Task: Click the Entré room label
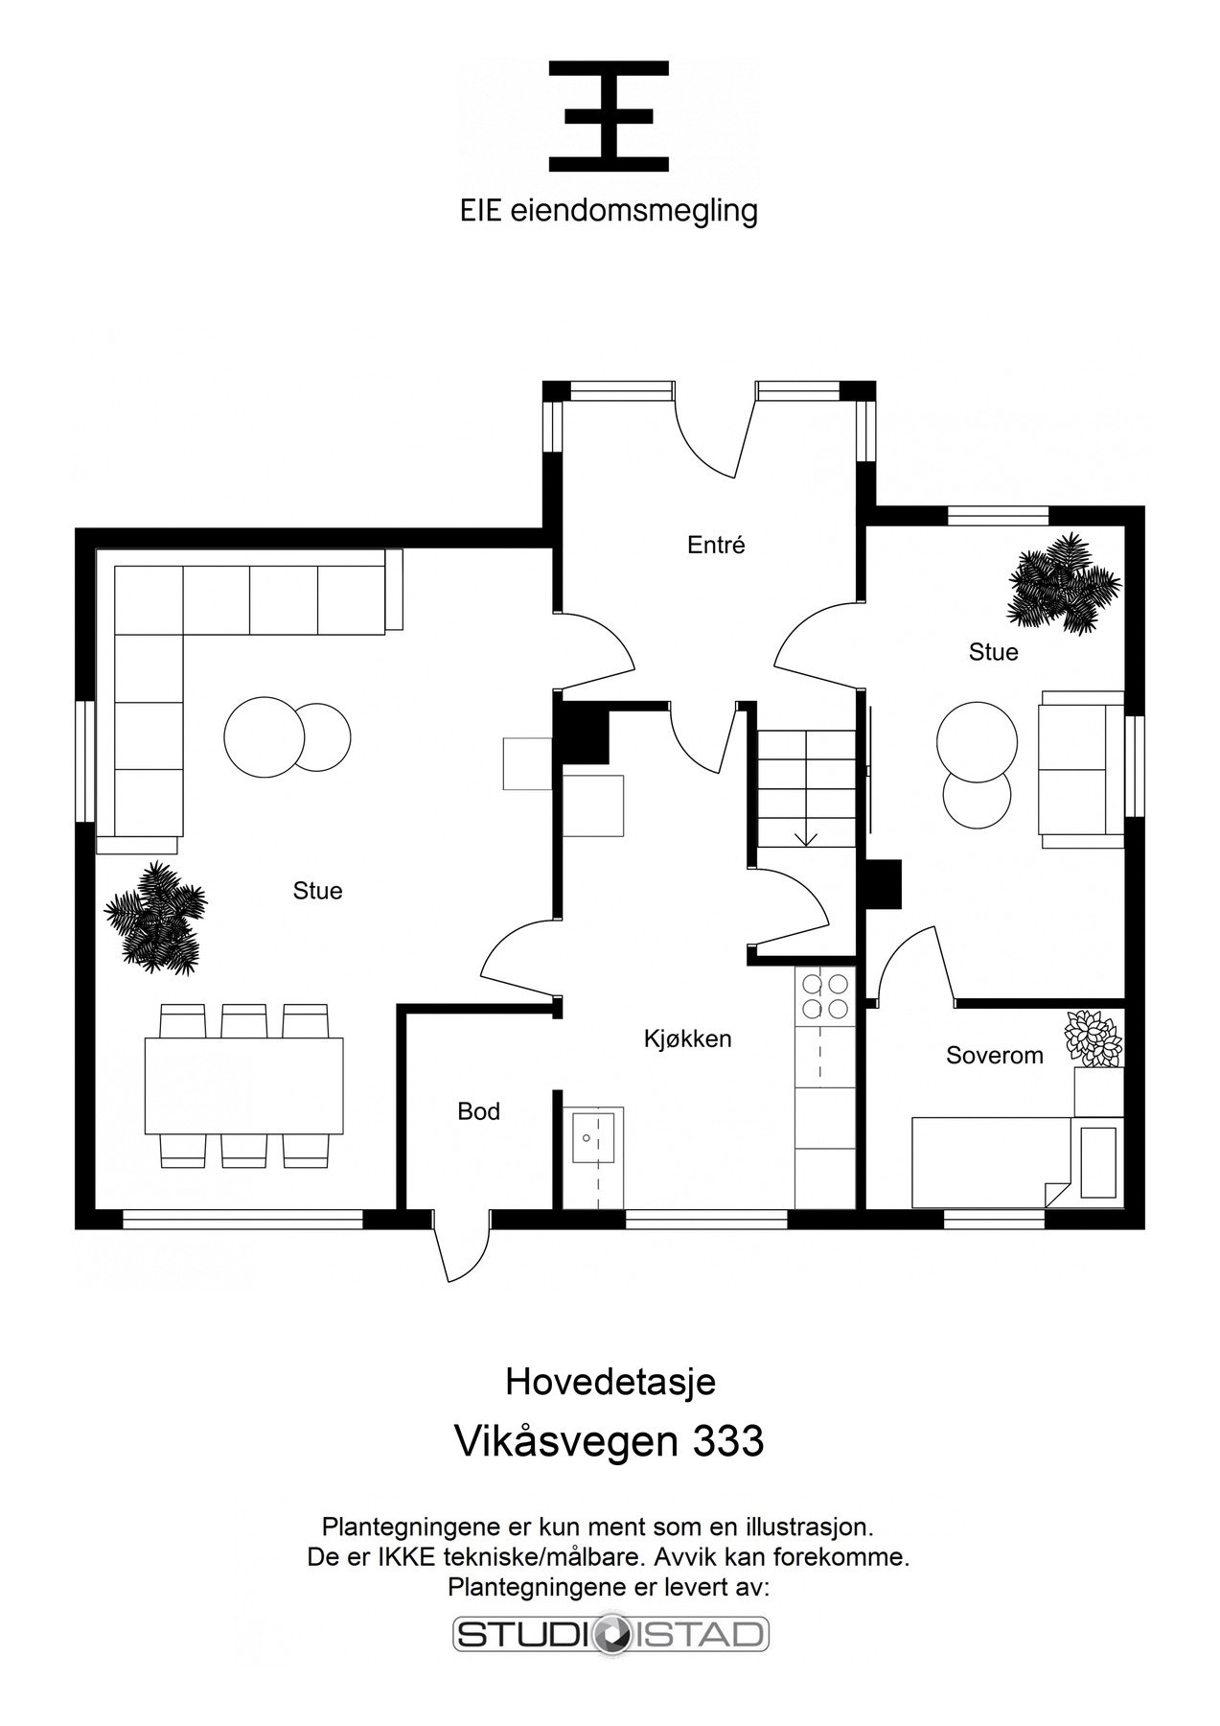click(716, 546)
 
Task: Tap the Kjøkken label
click(687, 1038)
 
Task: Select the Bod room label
click(478, 1111)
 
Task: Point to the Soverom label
click(994, 1056)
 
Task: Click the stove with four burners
click(824, 995)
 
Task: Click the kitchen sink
click(594, 1136)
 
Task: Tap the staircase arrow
click(806, 836)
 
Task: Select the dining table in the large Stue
click(243, 1085)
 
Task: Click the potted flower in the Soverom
click(1092, 1037)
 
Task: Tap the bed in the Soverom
click(990, 1161)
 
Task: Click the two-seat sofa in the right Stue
click(1081, 769)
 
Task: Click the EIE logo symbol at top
click(609, 116)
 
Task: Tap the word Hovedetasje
click(610, 1382)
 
